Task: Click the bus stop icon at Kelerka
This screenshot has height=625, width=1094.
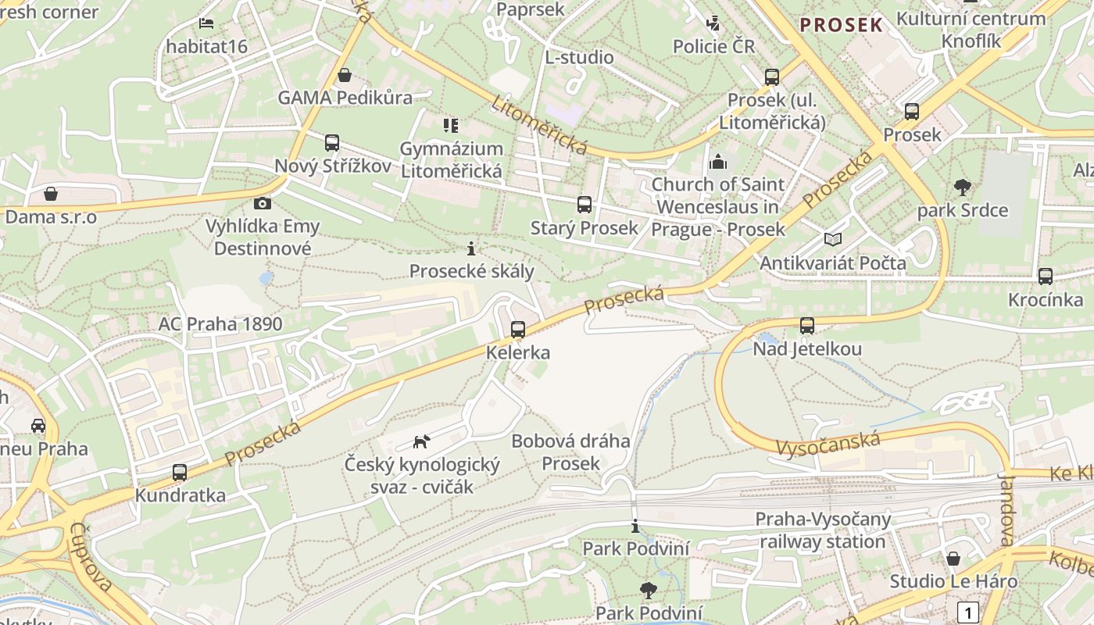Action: point(518,330)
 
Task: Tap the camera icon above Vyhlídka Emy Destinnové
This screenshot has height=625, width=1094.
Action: point(263,203)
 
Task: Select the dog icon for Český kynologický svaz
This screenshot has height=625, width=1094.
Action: point(421,442)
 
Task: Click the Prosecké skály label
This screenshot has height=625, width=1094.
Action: point(472,271)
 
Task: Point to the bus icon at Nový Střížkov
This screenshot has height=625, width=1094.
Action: point(332,143)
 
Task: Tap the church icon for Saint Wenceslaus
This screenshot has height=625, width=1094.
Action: point(717,162)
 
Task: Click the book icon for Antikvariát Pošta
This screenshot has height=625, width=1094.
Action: point(834,239)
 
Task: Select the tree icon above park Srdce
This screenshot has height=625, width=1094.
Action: point(963,187)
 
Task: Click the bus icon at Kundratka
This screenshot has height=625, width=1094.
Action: point(180,473)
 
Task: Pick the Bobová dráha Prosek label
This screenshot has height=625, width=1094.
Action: point(570,452)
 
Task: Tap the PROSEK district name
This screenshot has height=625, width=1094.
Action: point(841,25)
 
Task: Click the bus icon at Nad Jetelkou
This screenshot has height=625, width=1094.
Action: point(807,326)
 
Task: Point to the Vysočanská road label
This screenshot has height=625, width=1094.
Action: point(828,443)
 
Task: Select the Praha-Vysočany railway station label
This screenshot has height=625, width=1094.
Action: point(822,530)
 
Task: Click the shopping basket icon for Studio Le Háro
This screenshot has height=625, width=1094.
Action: point(953,559)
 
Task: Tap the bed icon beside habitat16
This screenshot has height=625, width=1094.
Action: point(206,23)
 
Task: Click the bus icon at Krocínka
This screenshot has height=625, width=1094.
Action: point(1046,277)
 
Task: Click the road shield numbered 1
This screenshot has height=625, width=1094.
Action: point(968,612)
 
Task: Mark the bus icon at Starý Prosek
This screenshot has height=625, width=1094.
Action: point(585,205)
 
